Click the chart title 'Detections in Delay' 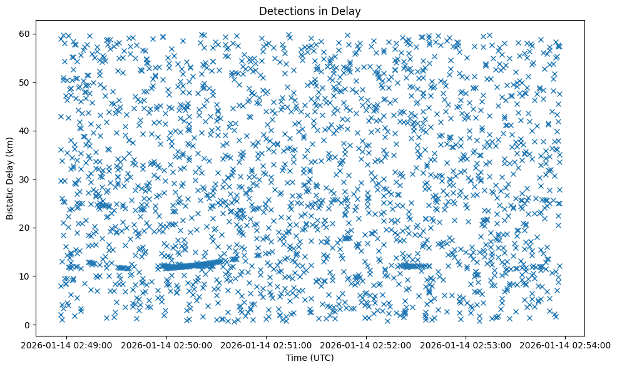click(310, 11)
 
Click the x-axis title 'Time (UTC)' click(310, 358)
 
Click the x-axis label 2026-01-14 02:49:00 click(68, 345)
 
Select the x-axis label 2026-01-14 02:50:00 click(167, 345)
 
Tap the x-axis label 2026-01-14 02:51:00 click(267, 345)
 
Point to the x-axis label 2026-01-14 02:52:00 click(367, 345)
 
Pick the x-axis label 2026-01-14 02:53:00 click(466, 345)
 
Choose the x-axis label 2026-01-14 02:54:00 click(566, 345)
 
